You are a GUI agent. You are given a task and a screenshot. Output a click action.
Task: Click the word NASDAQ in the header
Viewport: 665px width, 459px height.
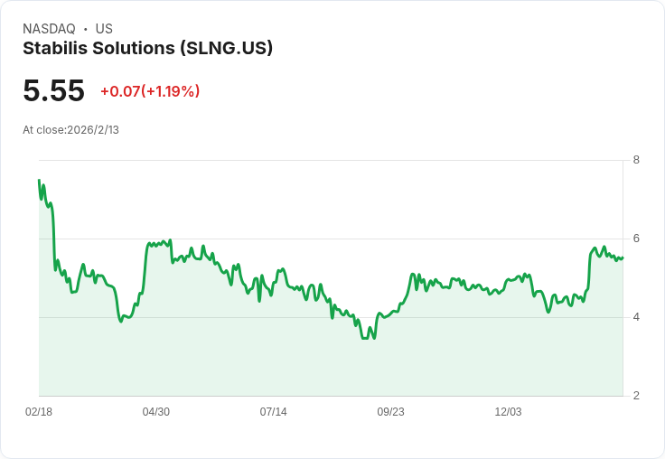(x=49, y=29)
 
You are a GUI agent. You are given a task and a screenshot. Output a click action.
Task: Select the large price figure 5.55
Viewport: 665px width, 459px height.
(x=53, y=90)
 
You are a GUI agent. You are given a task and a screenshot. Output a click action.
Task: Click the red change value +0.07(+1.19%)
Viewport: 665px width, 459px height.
(x=150, y=91)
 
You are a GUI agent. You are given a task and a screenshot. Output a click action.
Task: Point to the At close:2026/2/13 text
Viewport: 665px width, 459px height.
(x=70, y=129)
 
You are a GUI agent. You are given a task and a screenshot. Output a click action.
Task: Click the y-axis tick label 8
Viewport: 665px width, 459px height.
(x=636, y=160)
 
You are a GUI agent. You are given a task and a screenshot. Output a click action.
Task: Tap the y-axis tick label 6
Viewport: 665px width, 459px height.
(x=636, y=239)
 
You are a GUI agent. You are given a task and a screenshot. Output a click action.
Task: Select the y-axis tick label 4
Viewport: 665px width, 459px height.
(x=636, y=317)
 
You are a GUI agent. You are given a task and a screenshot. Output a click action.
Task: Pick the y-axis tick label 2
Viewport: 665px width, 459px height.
(x=636, y=396)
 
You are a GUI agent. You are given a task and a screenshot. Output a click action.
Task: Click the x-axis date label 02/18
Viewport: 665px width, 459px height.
(x=39, y=412)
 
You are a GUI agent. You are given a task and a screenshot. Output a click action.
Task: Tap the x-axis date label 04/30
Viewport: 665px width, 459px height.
(x=156, y=412)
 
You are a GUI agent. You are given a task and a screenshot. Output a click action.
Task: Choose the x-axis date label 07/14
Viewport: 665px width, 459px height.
(x=274, y=412)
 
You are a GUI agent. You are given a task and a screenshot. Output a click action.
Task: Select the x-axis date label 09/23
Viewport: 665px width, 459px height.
(x=390, y=412)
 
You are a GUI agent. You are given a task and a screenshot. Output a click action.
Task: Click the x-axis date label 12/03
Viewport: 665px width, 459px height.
(x=508, y=412)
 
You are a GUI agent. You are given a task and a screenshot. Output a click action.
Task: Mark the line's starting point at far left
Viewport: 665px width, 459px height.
(x=39, y=180)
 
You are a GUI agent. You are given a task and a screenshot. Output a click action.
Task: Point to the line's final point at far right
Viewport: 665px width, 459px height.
(x=623, y=258)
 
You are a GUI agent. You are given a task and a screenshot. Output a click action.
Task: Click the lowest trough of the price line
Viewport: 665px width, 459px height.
(x=364, y=338)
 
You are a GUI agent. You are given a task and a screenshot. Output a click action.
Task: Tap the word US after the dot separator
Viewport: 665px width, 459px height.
(x=104, y=29)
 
